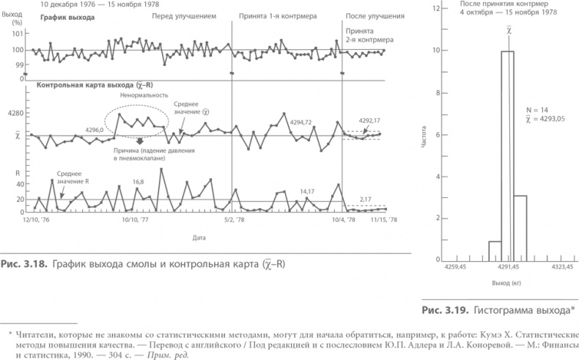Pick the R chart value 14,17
311,192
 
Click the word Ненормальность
144,95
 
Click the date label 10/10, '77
135,219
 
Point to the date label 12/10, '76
37,219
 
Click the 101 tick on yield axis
16,35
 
